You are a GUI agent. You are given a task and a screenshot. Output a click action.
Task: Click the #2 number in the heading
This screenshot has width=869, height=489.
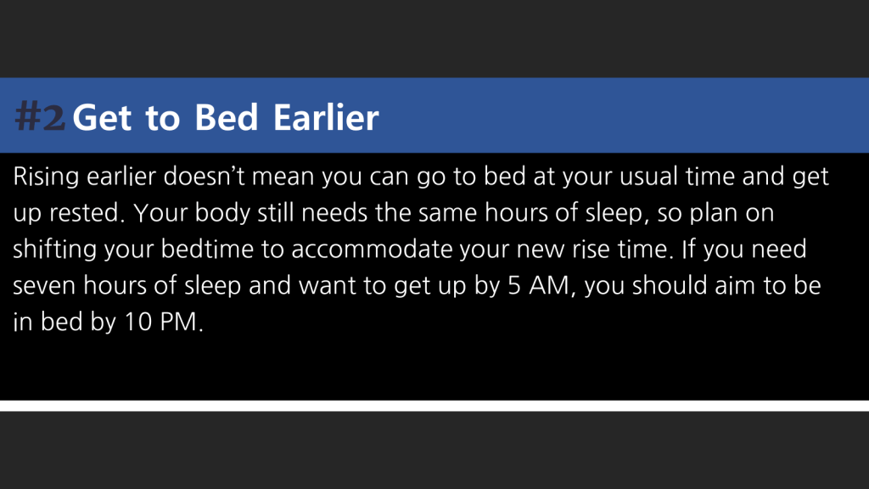pyautogui.click(x=40, y=117)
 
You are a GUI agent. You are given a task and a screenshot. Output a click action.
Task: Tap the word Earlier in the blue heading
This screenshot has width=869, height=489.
pyautogui.click(x=326, y=117)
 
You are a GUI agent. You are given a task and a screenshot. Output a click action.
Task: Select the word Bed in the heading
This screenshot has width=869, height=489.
pyautogui.click(x=226, y=117)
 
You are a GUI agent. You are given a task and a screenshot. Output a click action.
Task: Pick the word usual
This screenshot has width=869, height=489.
pyautogui.click(x=648, y=177)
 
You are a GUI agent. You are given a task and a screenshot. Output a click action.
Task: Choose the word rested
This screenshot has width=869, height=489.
pyautogui.click(x=87, y=213)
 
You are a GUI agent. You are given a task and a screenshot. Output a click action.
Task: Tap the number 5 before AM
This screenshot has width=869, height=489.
pyautogui.click(x=514, y=286)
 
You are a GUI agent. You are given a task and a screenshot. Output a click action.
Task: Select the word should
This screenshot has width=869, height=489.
pyautogui.click(x=670, y=285)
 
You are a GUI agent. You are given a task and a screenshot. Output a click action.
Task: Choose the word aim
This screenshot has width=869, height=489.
pyautogui.click(x=735, y=285)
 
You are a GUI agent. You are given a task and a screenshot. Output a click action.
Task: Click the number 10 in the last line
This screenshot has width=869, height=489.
pyautogui.click(x=138, y=322)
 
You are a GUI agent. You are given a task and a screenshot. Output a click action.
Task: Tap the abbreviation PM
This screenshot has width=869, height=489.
pyautogui.click(x=178, y=322)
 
